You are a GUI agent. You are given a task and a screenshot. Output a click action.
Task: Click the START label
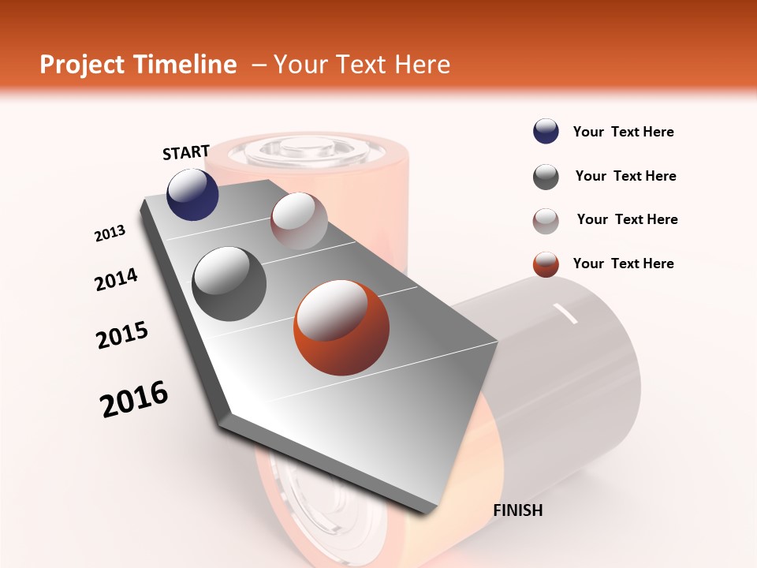186,152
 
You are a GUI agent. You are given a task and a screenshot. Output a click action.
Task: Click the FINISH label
518,510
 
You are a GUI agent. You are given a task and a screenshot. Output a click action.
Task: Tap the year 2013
110,234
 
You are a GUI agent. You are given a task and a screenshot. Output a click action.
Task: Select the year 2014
117,279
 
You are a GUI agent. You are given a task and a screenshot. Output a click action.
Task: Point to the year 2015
122,334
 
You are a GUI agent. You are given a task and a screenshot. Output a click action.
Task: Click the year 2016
134,399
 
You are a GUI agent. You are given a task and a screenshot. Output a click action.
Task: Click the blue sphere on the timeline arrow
193,194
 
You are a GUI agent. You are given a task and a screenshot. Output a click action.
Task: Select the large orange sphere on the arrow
341,327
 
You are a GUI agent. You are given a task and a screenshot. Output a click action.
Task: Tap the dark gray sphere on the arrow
229,284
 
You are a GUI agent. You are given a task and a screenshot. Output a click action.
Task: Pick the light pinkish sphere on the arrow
299,221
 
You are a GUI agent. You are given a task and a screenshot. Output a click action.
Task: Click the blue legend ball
546,132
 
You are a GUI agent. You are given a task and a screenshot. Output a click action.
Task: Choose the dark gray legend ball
546,177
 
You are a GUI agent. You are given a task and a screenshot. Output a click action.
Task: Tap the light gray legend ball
546,220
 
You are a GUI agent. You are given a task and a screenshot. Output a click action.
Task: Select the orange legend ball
546,264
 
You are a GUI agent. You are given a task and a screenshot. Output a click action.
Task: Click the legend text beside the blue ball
623,132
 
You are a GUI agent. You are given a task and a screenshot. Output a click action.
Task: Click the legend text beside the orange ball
623,263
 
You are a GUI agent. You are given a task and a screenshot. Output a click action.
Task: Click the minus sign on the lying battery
566,313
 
